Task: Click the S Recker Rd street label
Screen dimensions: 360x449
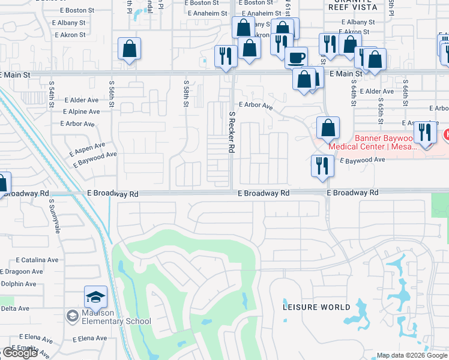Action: click(x=231, y=131)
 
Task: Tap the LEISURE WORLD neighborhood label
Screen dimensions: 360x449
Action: click(x=316, y=307)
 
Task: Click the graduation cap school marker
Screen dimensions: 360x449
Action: click(x=95, y=296)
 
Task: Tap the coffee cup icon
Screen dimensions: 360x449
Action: click(x=296, y=58)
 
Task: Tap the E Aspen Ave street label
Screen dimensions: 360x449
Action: click(x=87, y=146)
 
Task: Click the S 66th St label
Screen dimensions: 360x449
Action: click(x=406, y=90)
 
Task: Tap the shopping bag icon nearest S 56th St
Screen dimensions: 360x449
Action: click(x=129, y=50)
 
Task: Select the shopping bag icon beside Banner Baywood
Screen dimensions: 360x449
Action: click(x=328, y=128)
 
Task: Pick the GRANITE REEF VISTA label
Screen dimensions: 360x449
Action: click(x=352, y=7)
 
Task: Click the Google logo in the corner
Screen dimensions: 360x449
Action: click(x=20, y=353)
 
